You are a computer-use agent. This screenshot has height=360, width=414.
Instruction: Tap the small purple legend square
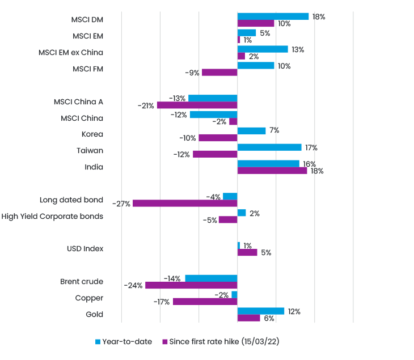point(162,338)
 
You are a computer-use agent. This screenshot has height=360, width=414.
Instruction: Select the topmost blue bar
point(274,15)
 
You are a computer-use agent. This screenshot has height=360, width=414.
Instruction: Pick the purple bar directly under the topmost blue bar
point(256,24)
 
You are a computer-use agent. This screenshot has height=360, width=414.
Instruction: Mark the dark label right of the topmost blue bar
point(326,19)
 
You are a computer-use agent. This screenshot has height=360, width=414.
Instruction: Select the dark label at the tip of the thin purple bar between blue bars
point(142,105)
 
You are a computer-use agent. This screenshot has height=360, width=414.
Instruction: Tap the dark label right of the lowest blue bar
point(297,309)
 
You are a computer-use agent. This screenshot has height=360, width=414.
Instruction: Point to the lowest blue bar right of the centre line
point(261,306)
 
